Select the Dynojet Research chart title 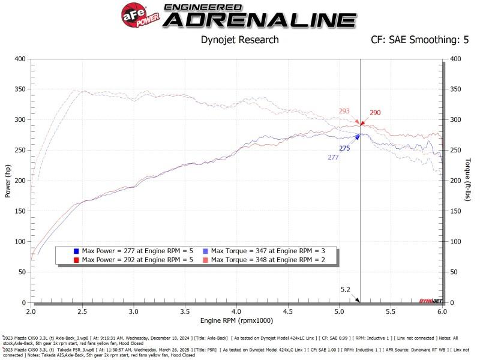pyautogui.click(x=239, y=40)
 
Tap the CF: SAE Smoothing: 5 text pyautogui.click(x=421, y=40)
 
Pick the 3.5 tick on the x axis pyautogui.click(x=185, y=313)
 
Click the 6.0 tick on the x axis pyautogui.click(x=442, y=313)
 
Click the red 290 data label pyautogui.click(x=375, y=113)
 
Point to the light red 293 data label pyautogui.click(x=344, y=111)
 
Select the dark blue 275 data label pyautogui.click(x=344, y=148)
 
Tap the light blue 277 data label pyautogui.click(x=333, y=157)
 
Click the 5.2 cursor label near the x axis pyautogui.click(x=346, y=289)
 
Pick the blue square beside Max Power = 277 pyautogui.click(x=76, y=250)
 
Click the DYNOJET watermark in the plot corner pyautogui.click(x=428, y=300)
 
